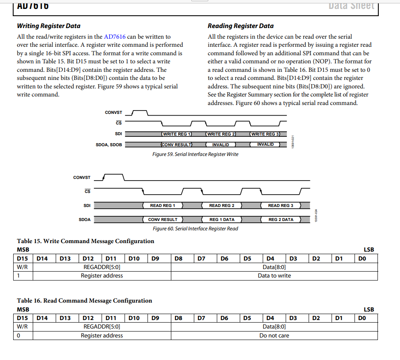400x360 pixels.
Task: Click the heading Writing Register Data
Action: pos(48,26)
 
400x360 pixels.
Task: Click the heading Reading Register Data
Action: pos(241,26)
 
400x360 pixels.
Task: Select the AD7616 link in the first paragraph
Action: pos(115,37)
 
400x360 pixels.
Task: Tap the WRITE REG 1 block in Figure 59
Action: pos(177,134)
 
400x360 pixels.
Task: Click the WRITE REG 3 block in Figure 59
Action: pos(265,134)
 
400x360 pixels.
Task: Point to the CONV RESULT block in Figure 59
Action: pos(177,145)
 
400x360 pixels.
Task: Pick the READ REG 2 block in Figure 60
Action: pos(221,206)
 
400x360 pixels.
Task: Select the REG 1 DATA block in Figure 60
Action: pos(221,220)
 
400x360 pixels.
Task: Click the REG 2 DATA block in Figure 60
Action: pos(281,220)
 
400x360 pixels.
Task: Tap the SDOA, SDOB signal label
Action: pos(109,145)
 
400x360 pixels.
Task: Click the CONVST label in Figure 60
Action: pos(82,178)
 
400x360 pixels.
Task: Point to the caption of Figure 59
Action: pos(195,154)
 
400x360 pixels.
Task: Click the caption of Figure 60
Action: pos(195,229)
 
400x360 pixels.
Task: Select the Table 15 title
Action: pos(85,241)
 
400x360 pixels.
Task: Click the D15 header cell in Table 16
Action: pos(23,318)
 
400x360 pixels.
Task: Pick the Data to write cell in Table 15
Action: pos(274,276)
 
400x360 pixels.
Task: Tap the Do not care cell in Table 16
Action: pos(274,335)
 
